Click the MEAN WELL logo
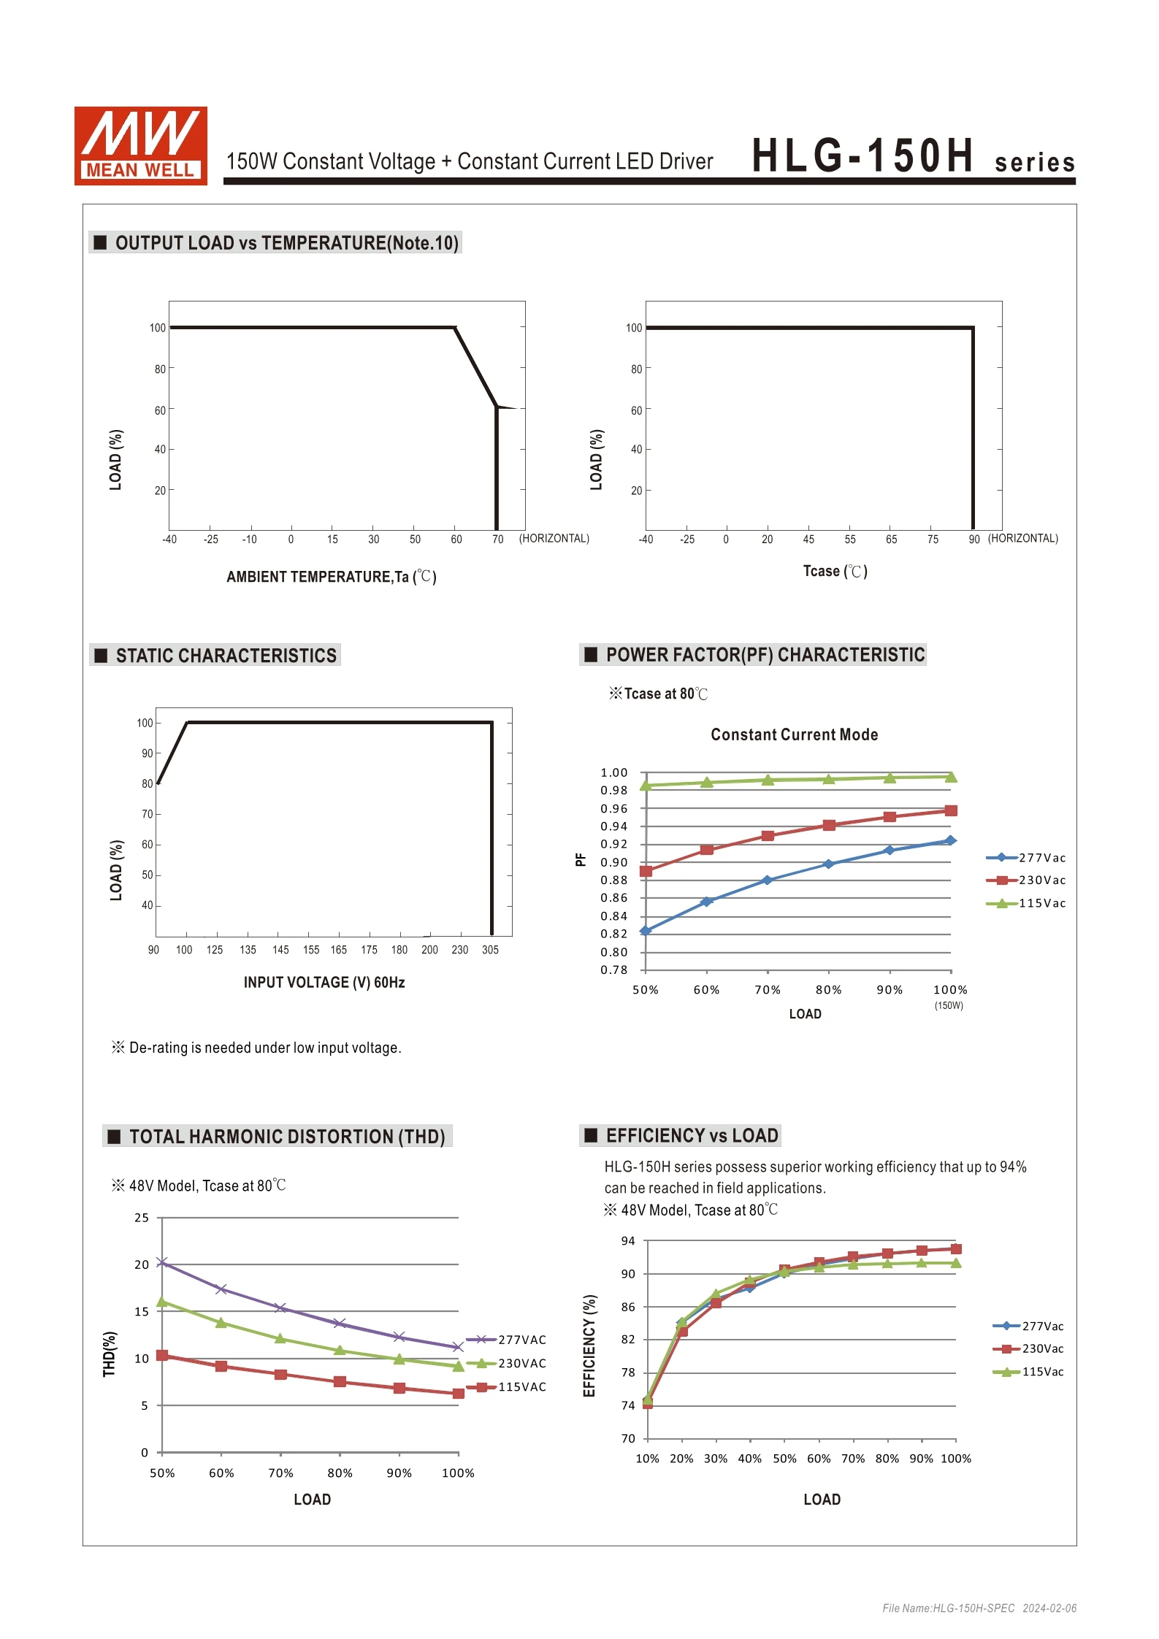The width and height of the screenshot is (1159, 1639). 141,146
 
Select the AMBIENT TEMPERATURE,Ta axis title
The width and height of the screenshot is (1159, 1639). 332,577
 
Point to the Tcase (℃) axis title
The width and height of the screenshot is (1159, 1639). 835,571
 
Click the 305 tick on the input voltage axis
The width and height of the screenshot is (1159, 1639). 490,950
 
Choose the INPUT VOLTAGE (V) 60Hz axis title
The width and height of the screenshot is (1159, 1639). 324,983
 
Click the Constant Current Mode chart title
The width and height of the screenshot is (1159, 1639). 795,734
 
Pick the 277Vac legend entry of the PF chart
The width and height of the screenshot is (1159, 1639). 1026,858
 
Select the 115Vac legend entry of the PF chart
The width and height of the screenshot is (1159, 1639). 1026,903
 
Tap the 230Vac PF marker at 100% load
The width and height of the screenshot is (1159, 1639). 951,810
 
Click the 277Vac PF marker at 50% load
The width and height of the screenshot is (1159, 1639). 646,931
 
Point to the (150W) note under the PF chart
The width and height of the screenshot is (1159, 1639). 949,1006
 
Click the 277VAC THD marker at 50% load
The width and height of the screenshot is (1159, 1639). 162,1262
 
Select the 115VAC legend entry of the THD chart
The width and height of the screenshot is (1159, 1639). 506,1387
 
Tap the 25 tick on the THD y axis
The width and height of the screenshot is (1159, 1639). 142,1218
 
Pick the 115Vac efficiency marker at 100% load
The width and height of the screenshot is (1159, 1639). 956,1263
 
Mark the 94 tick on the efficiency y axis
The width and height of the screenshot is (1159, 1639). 628,1241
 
